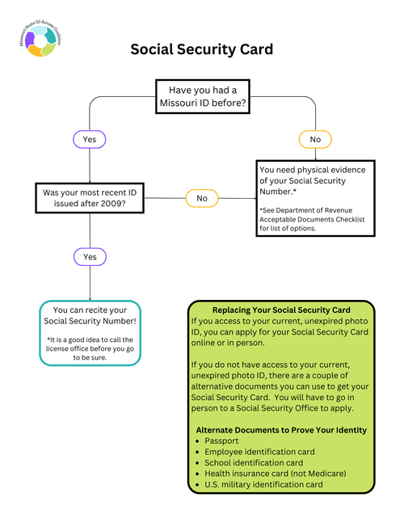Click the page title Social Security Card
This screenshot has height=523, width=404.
[202, 49]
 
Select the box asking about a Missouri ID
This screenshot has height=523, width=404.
[202, 98]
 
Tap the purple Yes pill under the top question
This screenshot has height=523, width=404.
[89, 139]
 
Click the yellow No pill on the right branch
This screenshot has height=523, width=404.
[315, 140]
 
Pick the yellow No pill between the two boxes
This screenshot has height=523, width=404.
[202, 198]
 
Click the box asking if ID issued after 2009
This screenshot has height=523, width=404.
[90, 198]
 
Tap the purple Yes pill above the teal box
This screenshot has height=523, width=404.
[89, 256]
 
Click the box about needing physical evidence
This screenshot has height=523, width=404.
[315, 198]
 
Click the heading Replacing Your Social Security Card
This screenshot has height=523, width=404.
[281, 310]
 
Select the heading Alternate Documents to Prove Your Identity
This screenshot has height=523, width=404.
[281, 430]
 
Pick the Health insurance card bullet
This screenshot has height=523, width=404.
[271, 474]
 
